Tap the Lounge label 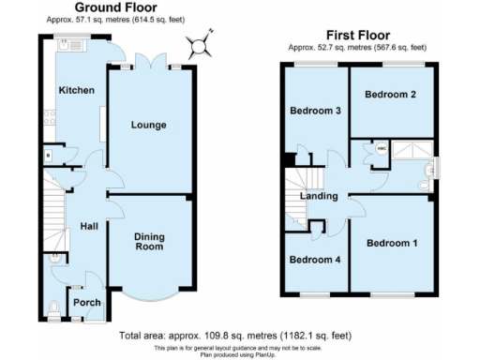[148, 125]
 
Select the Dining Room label [149, 242]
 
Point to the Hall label [88, 226]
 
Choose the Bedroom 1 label [391, 244]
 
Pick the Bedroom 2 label [390, 95]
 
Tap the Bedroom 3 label [314, 112]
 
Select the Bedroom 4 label [314, 260]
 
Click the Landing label [319, 196]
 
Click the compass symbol [199, 44]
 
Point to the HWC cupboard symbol [382, 149]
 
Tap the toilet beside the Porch [53, 305]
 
